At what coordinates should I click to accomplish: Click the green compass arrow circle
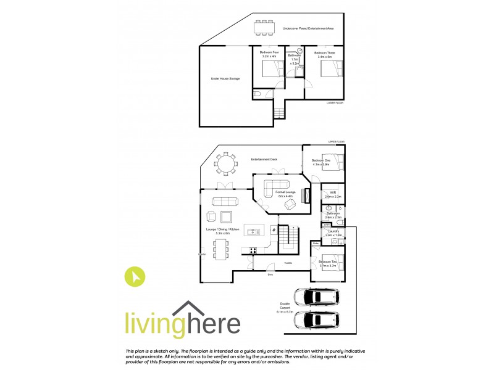135,277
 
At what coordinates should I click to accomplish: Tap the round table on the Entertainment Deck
226,164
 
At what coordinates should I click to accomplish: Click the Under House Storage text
225,79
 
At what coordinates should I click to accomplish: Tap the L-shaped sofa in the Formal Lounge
276,187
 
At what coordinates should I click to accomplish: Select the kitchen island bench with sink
254,232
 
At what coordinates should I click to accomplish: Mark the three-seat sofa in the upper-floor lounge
222,201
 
